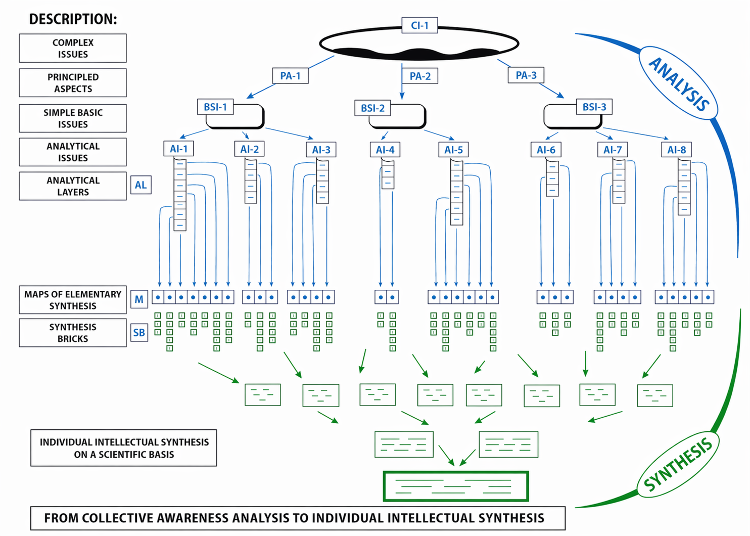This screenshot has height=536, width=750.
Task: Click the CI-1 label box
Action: (419, 25)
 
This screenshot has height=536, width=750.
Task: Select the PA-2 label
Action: (420, 76)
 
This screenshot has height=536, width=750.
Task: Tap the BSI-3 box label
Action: (594, 107)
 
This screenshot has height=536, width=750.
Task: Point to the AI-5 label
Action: (453, 150)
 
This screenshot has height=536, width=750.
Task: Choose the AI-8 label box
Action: (676, 150)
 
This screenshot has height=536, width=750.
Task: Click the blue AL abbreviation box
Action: (140, 185)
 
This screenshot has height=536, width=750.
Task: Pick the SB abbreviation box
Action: (139, 333)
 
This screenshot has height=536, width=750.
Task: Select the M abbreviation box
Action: (139, 299)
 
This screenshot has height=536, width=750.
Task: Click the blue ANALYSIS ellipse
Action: (678, 84)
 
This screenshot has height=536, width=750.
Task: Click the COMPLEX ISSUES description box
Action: (73, 49)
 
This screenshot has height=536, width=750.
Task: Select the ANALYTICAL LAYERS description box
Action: (73, 186)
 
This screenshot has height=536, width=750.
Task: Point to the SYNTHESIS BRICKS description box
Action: (73, 333)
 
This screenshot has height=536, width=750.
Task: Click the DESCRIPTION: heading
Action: (73, 19)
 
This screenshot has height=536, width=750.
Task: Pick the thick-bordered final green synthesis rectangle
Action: (456, 486)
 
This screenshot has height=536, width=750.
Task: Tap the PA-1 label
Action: (290, 76)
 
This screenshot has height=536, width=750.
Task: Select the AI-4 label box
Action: (385, 150)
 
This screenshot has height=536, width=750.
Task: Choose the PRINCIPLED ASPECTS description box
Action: (73, 83)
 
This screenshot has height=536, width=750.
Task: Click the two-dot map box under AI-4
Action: (387, 297)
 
